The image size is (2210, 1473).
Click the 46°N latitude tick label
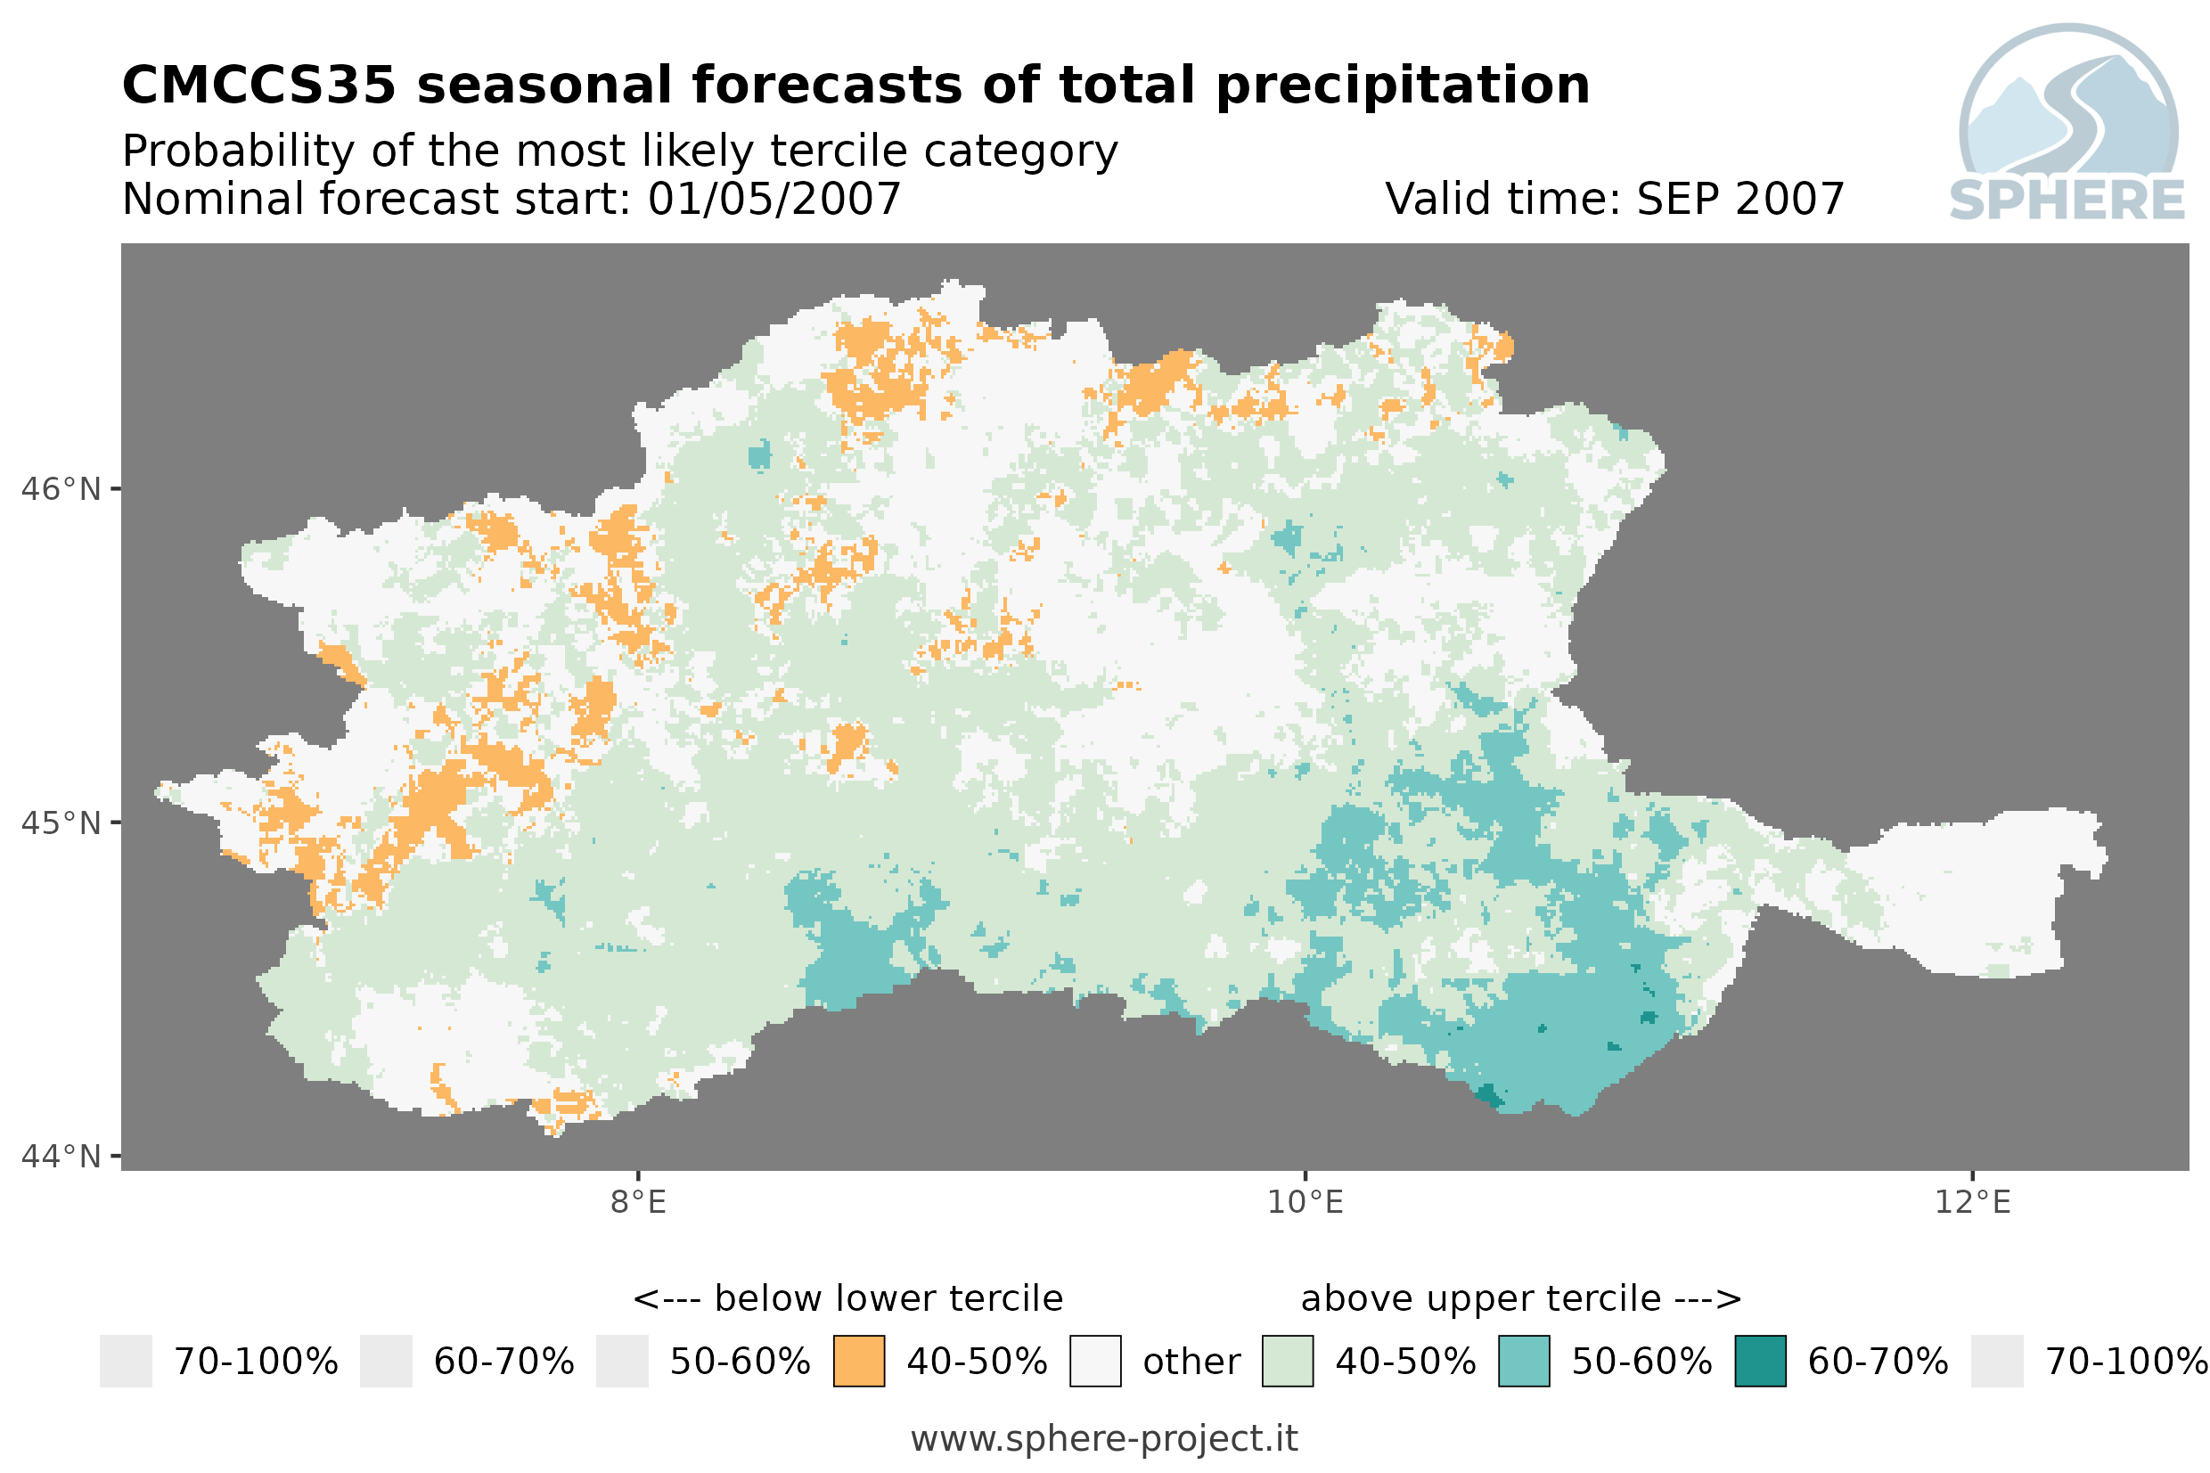(x=60, y=489)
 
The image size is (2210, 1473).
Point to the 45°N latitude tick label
(x=60, y=822)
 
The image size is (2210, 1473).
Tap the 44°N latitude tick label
(x=60, y=1157)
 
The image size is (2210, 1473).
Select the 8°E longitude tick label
(x=639, y=1202)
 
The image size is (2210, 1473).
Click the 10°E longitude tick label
(x=1306, y=1202)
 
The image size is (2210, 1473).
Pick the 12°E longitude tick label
(x=1972, y=1202)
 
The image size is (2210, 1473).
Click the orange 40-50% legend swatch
(x=859, y=1362)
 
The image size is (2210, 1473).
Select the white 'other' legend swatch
(x=1095, y=1362)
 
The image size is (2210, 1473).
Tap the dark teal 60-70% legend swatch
(x=1761, y=1362)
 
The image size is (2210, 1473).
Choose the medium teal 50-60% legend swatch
(x=1525, y=1362)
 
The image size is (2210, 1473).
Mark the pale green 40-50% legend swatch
(x=1288, y=1362)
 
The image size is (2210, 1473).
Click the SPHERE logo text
(x=2067, y=200)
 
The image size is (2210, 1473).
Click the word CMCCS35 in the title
(x=259, y=86)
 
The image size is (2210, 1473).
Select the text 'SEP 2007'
(x=1740, y=199)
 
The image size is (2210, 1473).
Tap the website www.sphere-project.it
(x=1104, y=1439)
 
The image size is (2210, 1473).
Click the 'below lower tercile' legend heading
(x=888, y=1298)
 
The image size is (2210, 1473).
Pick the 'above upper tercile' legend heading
(x=1481, y=1298)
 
